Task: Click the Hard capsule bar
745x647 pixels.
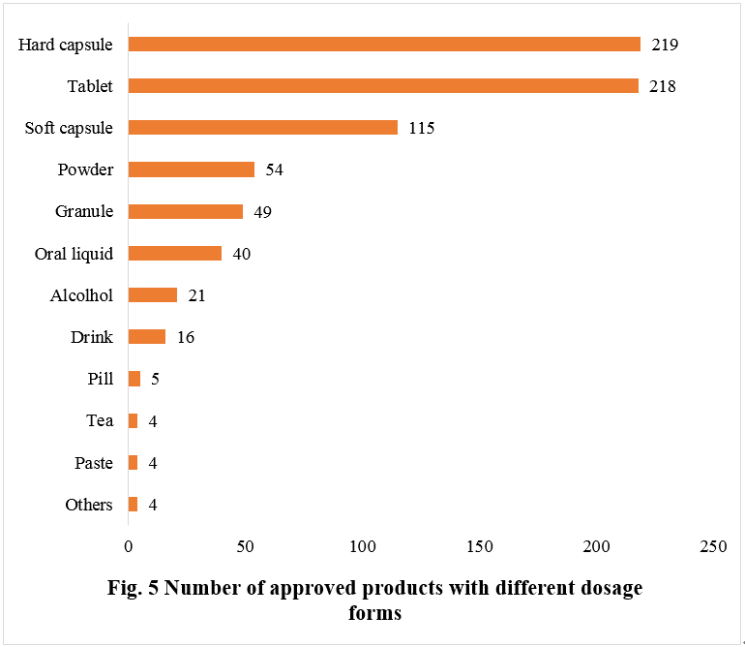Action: (384, 44)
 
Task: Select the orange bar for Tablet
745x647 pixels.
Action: (383, 85)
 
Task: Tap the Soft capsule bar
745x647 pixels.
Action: (262, 127)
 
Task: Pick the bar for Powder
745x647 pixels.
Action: (191, 169)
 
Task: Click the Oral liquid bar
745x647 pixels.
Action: (174, 253)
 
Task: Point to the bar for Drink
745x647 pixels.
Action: (146, 337)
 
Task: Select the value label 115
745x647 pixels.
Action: (421, 128)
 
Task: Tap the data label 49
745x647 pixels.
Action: (262, 211)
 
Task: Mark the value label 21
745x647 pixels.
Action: (196, 295)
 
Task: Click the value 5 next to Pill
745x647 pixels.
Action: (154, 379)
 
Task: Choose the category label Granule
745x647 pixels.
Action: (84, 211)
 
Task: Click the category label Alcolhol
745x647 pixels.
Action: (81, 295)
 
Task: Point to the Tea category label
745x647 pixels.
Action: (100, 420)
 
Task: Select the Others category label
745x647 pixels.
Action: (89, 505)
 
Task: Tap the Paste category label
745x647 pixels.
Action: (94, 463)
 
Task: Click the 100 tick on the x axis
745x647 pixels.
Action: (362, 546)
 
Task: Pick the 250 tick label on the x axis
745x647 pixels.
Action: (713, 546)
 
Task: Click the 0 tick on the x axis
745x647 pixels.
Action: (128, 546)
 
